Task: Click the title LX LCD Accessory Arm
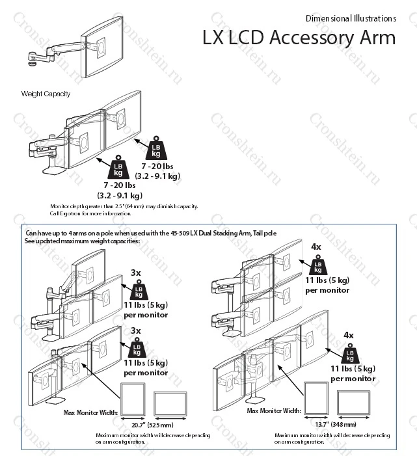coord(298,38)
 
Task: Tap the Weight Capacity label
coord(46,94)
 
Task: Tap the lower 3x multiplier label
coord(136,330)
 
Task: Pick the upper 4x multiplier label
coord(316,247)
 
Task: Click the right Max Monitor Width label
coord(273,411)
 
